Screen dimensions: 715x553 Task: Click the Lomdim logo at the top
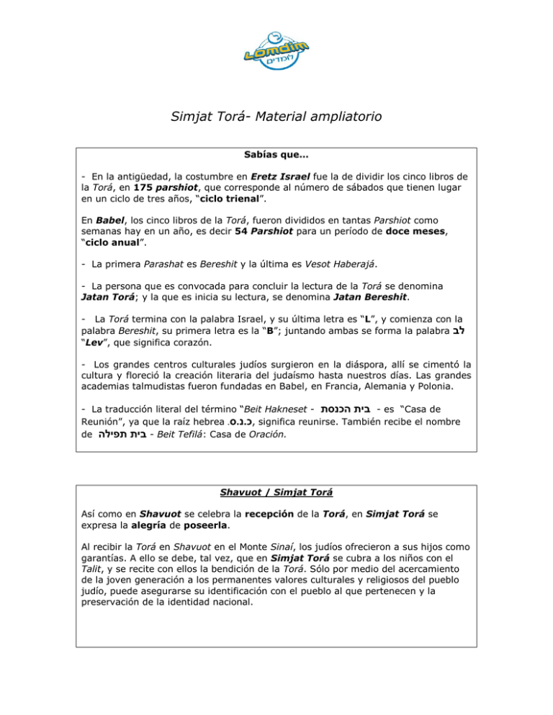tap(276, 50)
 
